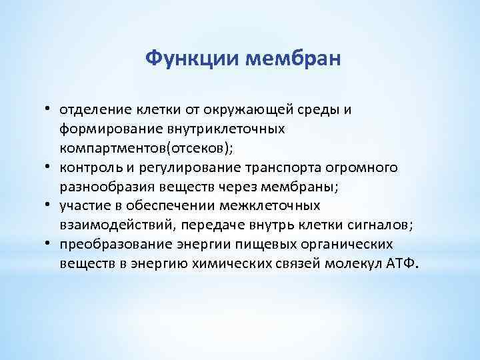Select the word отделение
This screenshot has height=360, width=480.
94,109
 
